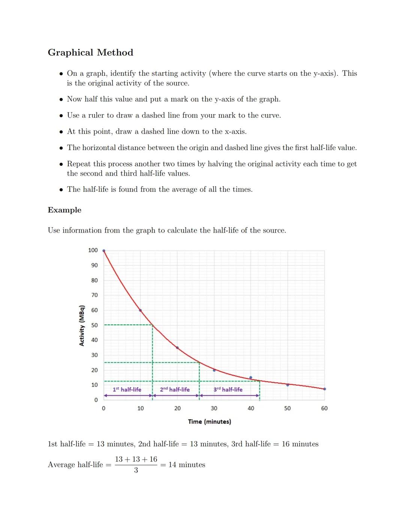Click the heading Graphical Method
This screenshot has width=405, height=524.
pos(90,53)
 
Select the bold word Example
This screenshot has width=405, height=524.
pos(64,210)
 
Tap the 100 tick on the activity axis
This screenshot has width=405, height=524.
pos(93,250)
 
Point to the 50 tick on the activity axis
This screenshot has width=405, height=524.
pos(94,325)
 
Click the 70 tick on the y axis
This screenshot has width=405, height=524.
pos(94,295)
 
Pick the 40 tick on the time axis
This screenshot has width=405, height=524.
pos(250,408)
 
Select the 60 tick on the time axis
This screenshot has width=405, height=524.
pos(324,408)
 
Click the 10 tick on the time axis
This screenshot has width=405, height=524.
pos(140,408)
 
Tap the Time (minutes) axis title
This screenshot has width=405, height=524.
pos(209,422)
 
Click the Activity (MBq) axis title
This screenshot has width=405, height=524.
pos(82,325)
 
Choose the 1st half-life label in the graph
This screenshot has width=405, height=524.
pos(127,390)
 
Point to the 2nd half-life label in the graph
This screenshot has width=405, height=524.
pos(175,390)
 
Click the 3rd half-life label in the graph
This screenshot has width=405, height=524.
pos(228,390)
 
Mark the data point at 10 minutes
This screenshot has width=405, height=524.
pos(140,310)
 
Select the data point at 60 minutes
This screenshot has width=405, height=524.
pos(324,389)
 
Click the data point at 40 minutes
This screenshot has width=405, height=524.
pos(250,377)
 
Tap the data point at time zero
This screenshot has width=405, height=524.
pos(104,251)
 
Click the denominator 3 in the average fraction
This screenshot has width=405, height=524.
pos(136,470)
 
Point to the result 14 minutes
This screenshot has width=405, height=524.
pos(187,465)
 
